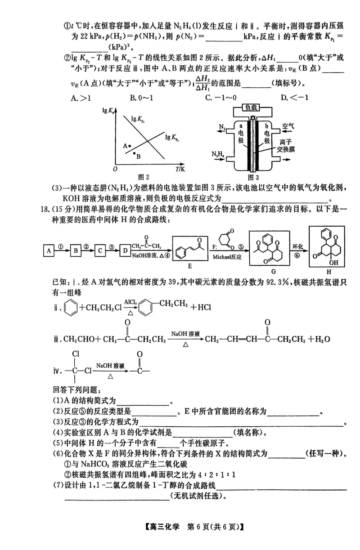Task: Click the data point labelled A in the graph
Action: (x=130, y=146)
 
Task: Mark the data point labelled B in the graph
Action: (x=134, y=154)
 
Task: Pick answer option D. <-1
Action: (x=290, y=97)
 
